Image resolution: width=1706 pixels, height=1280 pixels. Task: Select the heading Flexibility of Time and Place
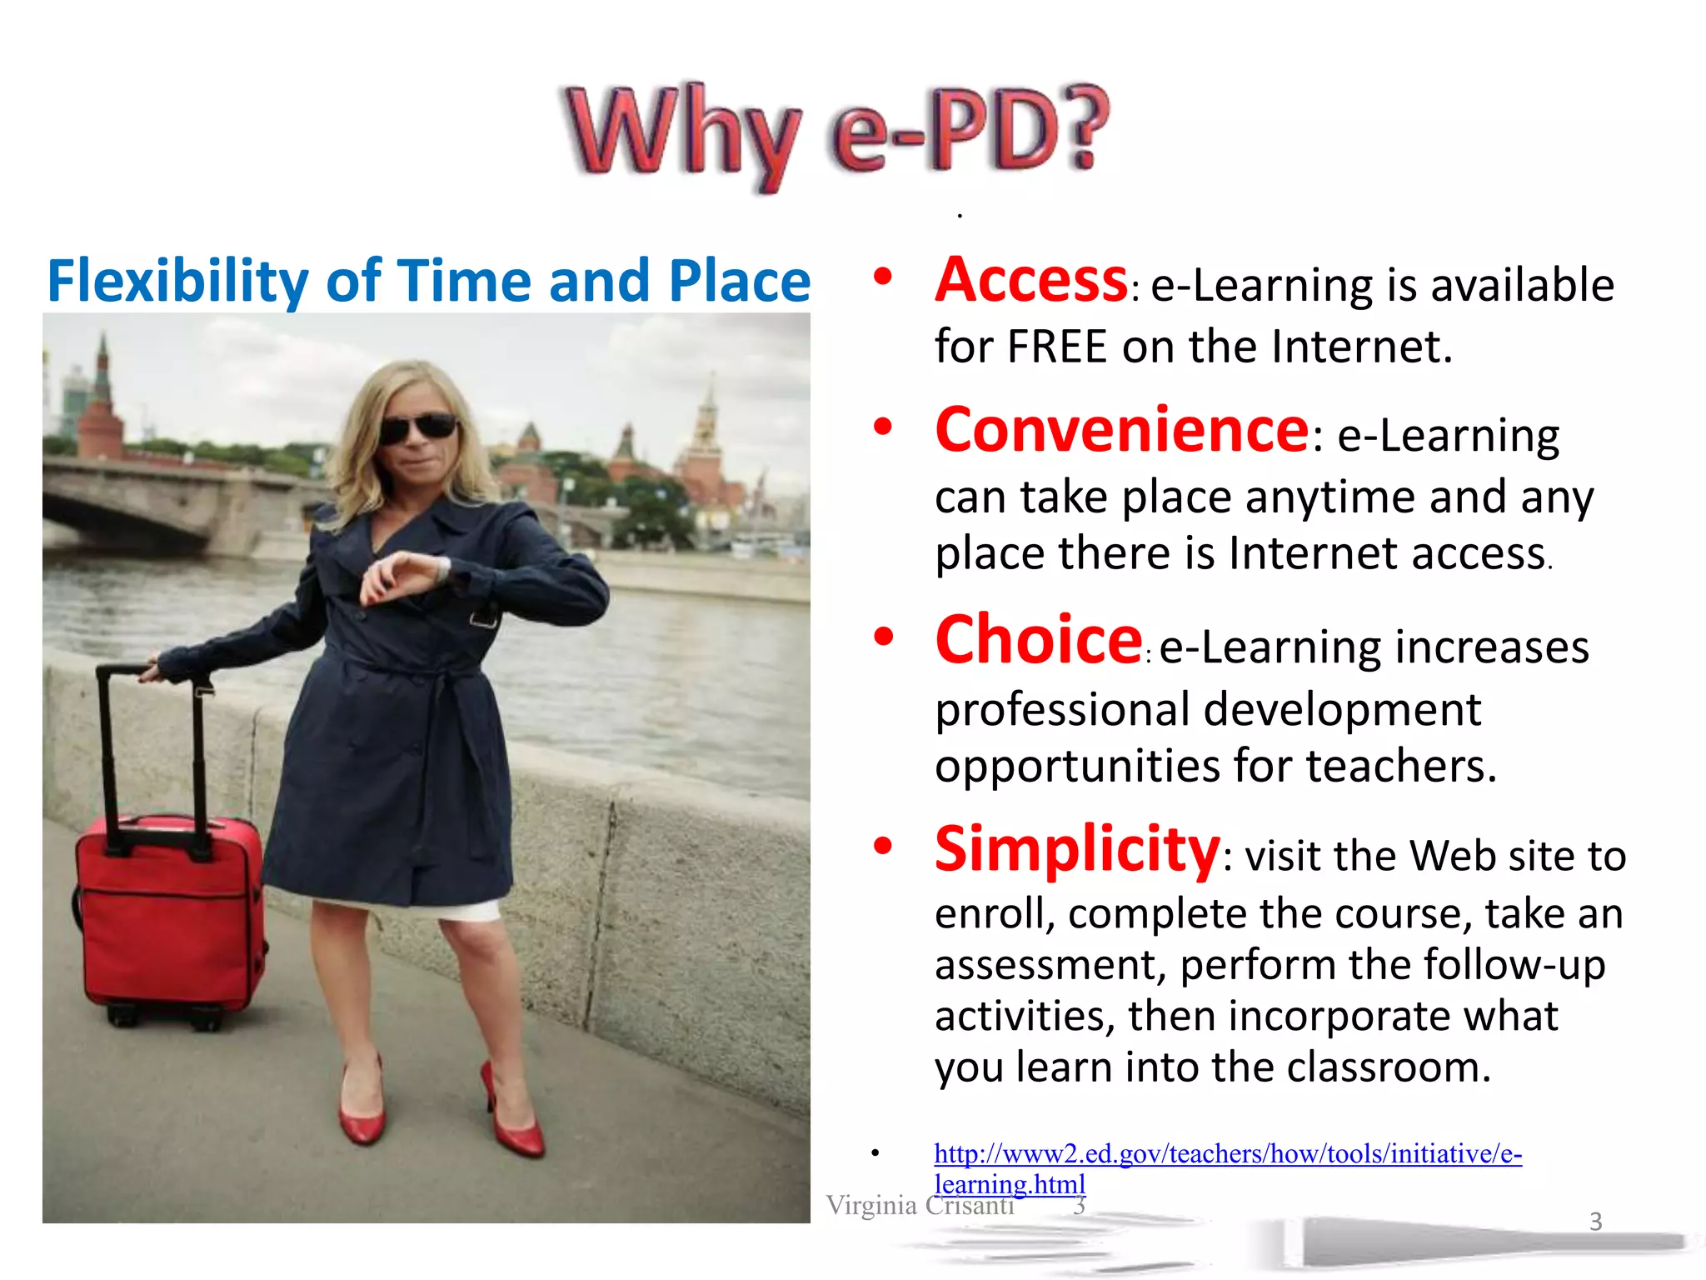[x=428, y=282]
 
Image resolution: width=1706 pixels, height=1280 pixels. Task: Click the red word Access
[x=1031, y=281]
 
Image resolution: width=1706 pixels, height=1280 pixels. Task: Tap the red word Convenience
[x=1122, y=431]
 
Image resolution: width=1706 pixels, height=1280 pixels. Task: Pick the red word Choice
[x=1038, y=640]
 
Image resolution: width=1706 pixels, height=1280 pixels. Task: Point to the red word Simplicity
[x=1077, y=850]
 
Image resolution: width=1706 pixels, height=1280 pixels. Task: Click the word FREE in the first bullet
[x=1057, y=347]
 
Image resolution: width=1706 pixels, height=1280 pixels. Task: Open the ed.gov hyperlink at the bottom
[x=1227, y=1154]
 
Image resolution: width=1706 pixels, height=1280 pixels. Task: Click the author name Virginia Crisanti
[x=920, y=1206]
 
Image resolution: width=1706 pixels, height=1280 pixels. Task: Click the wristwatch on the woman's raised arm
[x=442, y=569]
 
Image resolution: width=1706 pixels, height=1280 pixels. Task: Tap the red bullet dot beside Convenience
[x=882, y=427]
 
